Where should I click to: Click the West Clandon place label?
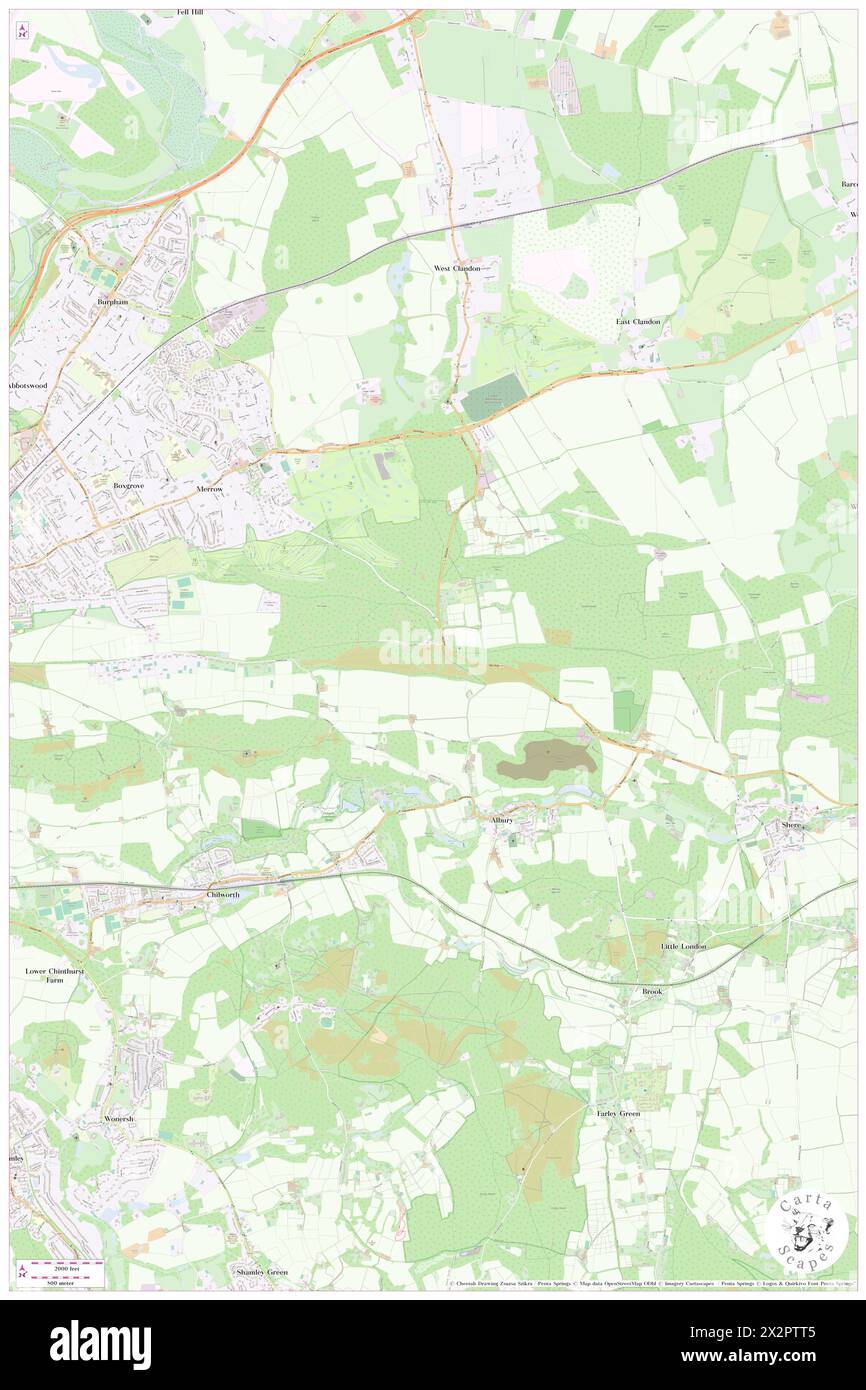click(457, 269)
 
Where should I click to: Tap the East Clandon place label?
click(637, 322)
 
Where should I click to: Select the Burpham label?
click(113, 301)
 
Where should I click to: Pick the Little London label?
click(683, 946)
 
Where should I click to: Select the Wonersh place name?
click(118, 1117)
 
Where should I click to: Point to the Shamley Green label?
click(262, 1272)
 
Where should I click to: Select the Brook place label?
click(652, 991)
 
